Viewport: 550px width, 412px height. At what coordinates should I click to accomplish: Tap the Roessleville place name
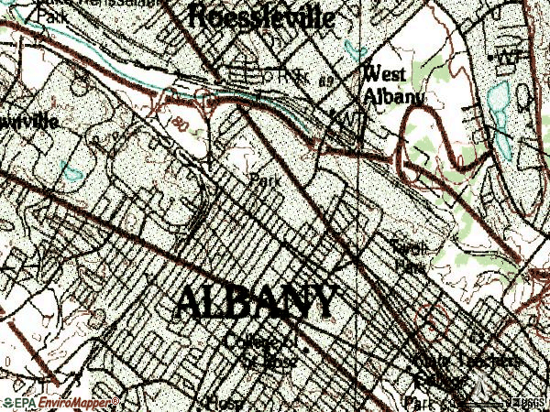[260, 16]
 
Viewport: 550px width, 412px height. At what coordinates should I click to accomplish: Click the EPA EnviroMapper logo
[59, 402]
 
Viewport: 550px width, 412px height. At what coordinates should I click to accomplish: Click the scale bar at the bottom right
[486, 399]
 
